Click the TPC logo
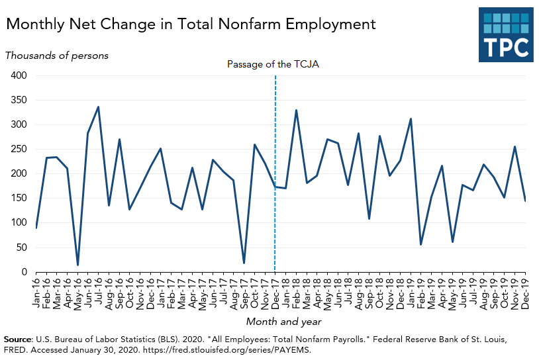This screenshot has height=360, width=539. [505, 34]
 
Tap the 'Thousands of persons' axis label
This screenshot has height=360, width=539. [57, 56]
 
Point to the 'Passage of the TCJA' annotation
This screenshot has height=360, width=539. [273, 64]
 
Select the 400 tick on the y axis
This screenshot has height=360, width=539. [18, 75]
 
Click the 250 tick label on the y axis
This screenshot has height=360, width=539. [18, 149]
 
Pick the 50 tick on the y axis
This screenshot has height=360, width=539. [21, 247]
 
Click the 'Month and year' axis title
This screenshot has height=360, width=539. [284, 322]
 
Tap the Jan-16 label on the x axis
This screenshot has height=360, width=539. [36, 290]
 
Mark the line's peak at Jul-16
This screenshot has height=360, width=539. [99, 107]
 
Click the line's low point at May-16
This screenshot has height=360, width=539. [78, 265]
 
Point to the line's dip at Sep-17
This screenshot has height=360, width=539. [244, 263]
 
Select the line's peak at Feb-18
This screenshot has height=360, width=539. [296, 111]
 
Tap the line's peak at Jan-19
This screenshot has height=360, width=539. [411, 119]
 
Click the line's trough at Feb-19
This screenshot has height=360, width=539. [421, 244]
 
